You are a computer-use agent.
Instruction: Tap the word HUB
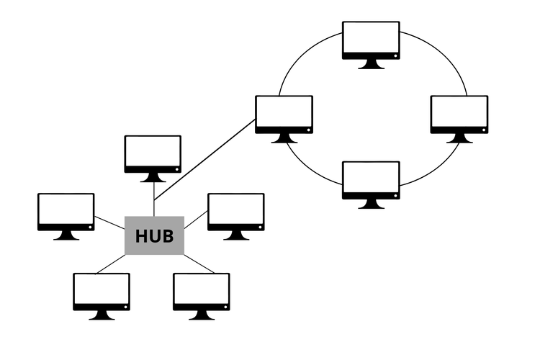click(155, 236)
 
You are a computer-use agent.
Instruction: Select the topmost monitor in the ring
click(371, 40)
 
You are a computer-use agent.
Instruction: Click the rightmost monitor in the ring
click(459, 114)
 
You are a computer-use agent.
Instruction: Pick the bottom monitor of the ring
click(371, 180)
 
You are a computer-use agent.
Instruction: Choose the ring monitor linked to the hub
click(284, 114)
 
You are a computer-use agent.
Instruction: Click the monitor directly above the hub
click(153, 154)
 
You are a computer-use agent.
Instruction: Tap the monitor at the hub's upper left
click(66, 212)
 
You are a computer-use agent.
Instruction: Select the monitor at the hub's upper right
click(235, 212)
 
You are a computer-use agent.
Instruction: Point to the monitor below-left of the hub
click(102, 292)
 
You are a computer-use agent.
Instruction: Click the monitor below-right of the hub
click(202, 292)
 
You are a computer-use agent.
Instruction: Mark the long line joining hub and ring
click(205, 159)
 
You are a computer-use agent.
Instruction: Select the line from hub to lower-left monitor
click(111, 264)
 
